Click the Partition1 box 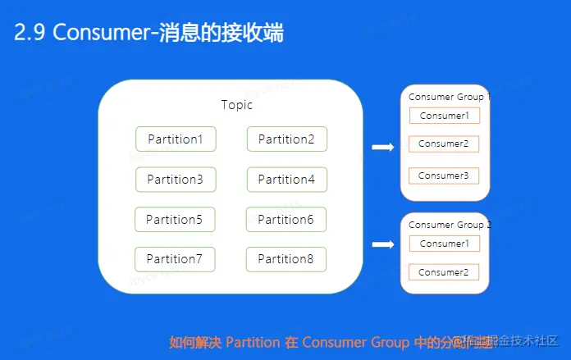tap(176, 139)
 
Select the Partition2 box tap(286, 139)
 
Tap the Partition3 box tap(176, 180)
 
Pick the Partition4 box tap(286, 180)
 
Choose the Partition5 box tap(175, 220)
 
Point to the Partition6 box tap(285, 220)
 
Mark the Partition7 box tap(175, 259)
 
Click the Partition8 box tap(285, 259)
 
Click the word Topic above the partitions tap(237, 105)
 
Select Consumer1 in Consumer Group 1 tap(444, 116)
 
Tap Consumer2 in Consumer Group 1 tap(443, 144)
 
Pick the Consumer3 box tap(443, 175)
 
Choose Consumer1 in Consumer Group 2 tap(444, 244)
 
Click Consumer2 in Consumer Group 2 tap(443, 272)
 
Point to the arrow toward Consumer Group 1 tap(382, 148)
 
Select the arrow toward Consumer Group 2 tap(382, 244)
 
